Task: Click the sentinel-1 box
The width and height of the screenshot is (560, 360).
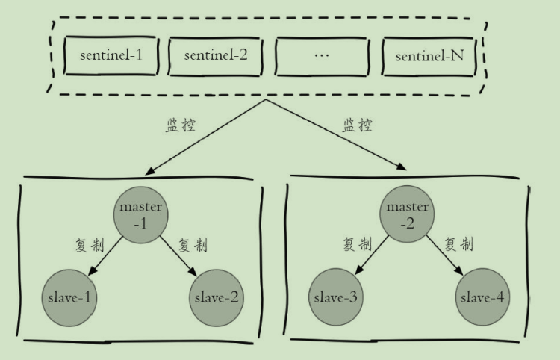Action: pyautogui.click(x=111, y=55)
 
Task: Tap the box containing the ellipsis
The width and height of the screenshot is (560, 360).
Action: pyautogui.click(x=323, y=55)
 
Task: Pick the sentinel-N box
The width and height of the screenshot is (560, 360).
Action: pyautogui.click(x=429, y=55)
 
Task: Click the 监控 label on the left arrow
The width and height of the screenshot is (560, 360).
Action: pyautogui.click(x=180, y=125)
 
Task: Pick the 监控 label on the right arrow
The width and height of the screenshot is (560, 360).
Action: pyautogui.click(x=358, y=125)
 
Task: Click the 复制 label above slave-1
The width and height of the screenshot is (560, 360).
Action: pyautogui.click(x=89, y=245)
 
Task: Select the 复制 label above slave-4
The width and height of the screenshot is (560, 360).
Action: pyautogui.click(x=458, y=244)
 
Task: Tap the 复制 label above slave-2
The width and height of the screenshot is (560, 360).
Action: pyautogui.click(x=193, y=245)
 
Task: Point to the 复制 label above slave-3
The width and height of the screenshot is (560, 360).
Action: pyautogui.click(x=358, y=244)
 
